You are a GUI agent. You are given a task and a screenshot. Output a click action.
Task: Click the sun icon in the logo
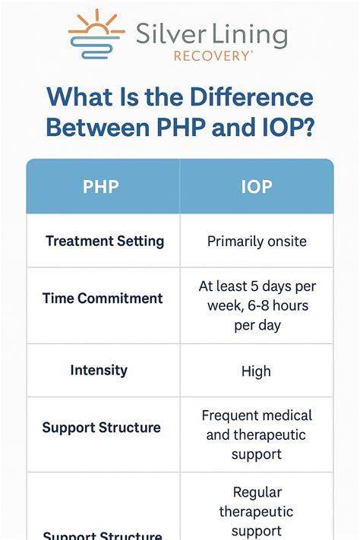pyautogui.click(x=96, y=34)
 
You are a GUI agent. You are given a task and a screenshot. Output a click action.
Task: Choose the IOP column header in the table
pyautogui.click(x=256, y=186)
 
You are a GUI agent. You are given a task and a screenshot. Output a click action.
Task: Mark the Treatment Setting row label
pyautogui.click(x=105, y=242)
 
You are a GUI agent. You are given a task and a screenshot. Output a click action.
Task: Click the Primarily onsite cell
pyautogui.click(x=257, y=242)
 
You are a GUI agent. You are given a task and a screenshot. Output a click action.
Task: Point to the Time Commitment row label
pyautogui.click(x=103, y=298)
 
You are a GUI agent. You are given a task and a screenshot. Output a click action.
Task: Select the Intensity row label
pyautogui.click(x=99, y=371)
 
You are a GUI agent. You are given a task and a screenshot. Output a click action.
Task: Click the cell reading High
pyautogui.click(x=256, y=371)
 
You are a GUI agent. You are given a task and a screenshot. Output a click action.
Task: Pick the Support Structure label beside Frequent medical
pyautogui.click(x=101, y=428)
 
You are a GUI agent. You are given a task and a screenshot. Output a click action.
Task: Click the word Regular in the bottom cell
pyautogui.click(x=257, y=491)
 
